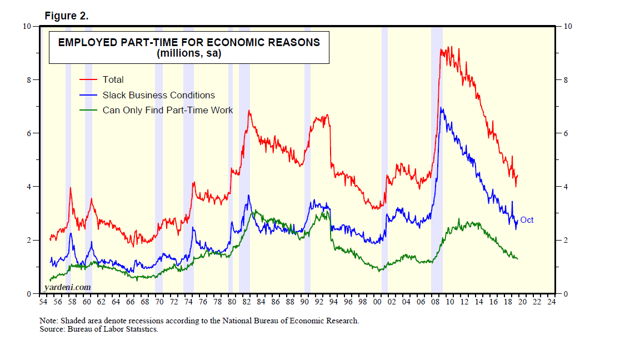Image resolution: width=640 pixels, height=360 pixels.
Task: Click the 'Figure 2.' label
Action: point(67,16)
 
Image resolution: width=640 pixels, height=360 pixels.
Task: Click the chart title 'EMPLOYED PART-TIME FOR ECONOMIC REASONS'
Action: point(189,42)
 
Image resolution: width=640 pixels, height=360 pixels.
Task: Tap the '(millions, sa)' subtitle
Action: point(189,54)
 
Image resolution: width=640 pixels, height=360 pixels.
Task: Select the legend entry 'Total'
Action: point(113,80)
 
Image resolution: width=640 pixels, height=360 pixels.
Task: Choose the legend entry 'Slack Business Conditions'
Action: point(158,96)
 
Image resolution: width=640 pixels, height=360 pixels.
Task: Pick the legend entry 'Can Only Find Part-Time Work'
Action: point(168,111)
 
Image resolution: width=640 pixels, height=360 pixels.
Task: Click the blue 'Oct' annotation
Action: point(527,220)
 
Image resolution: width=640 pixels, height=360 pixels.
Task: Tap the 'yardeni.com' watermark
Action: point(67,287)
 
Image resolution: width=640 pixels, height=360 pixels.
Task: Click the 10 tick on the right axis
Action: point(568,27)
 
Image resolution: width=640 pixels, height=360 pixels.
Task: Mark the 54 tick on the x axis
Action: point(43,302)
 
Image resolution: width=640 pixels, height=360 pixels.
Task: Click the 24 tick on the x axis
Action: point(551,302)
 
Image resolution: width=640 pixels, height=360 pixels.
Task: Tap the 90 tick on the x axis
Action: point(304,302)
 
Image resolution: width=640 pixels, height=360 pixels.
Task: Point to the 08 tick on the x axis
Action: point(435,302)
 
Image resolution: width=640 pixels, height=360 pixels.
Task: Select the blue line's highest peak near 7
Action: point(441,108)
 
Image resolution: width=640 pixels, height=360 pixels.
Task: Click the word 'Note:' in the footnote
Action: point(49,321)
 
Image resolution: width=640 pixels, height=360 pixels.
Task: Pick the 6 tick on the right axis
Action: point(566,133)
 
